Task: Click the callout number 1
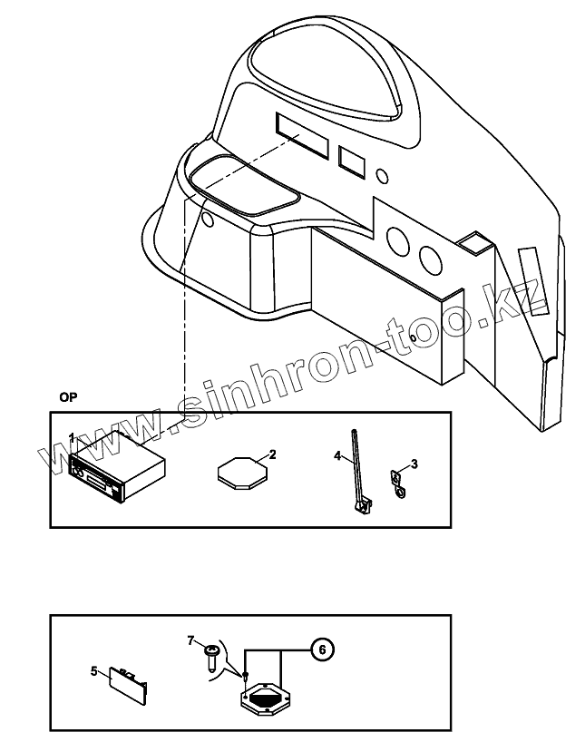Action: [x=72, y=437]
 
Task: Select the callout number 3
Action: [x=414, y=464]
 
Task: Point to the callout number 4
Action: [x=336, y=457]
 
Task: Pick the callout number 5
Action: [x=93, y=671]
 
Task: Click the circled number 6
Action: [x=320, y=649]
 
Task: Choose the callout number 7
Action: [x=191, y=640]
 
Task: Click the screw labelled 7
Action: [x=211, y=655]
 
